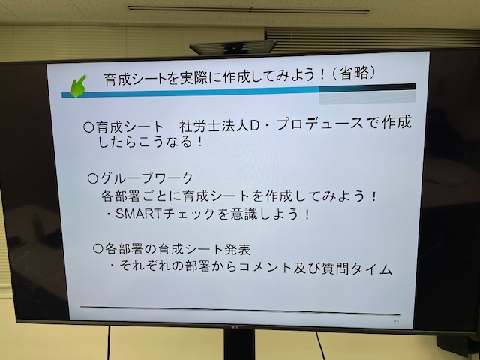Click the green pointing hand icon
(x=78, y=85)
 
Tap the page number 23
(x=396, y=322)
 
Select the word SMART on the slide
(x=138, y=214)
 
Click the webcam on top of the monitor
(x=233, y=47)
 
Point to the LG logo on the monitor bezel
(x=235, y=328)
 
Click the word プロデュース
(x=320, y=124)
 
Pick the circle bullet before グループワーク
(x=92, y=178)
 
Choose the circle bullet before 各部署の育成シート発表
(x=98, y=248)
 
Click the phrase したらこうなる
(x=145, y=142)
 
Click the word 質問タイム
(x=357, y=268)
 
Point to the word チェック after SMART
(x=189, y=214)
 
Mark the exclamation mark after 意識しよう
(x=307, y=214)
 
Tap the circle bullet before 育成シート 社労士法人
(x=88, y=127)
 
